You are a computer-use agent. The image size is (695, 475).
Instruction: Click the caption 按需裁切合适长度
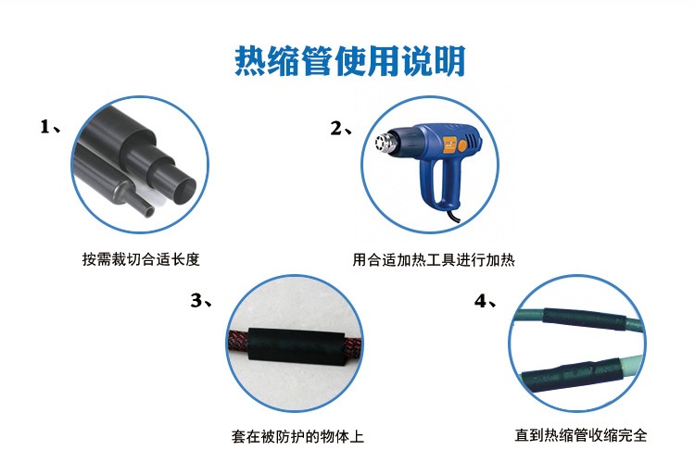pyautogui.click(x=141, y=260)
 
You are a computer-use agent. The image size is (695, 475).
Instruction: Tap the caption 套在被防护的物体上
pyautogui.click(x=297, y=435)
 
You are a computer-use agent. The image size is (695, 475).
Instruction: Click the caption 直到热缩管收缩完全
pyautogui.click(x=581, y=435)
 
